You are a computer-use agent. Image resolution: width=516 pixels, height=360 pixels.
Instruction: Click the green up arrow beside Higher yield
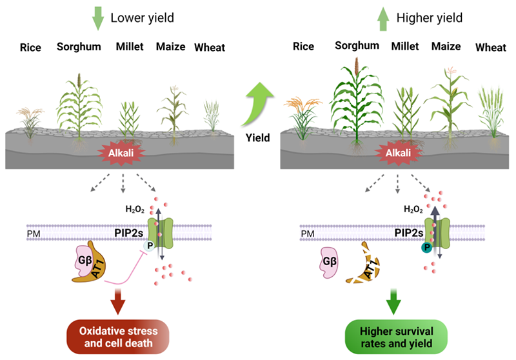(x=382, y=18)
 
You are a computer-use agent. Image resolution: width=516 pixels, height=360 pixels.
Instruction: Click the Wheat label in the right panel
(x=490, y=47)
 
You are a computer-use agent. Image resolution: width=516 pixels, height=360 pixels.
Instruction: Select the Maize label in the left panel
(x=170, y=46)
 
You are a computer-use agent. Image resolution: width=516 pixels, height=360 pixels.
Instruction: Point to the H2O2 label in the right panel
(x=412, y=208)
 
